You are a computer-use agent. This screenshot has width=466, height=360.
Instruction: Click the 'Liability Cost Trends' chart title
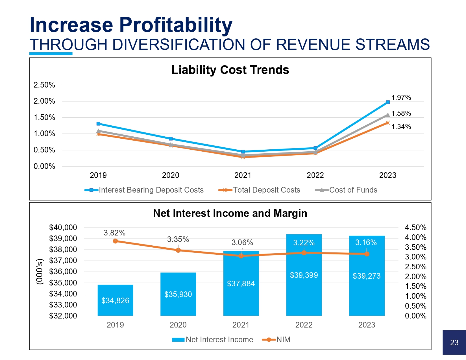[x=230, y=70]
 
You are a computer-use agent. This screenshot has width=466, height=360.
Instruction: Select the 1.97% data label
[x=401, y=98]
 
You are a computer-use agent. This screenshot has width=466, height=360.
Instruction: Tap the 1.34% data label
[x=401, y=127]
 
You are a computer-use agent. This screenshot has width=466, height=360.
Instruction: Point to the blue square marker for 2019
[x=98, y=124]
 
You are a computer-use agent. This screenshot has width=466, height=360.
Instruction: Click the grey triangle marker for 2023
[x=388, y=115]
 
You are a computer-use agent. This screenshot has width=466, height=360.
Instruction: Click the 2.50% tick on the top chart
[x=44, y=85]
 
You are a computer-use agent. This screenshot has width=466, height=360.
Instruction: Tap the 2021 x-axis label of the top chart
[x=243, y=175]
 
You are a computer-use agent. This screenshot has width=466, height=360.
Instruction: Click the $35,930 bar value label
[x=178, y=294]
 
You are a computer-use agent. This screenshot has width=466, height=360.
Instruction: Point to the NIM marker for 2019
[x=115, y=241]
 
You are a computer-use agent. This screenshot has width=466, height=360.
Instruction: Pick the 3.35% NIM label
[x=178, y=239]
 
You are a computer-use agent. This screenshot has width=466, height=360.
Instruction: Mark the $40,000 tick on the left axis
[x=63, y=228]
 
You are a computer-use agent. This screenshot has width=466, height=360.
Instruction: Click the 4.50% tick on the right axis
[x=415, y=228]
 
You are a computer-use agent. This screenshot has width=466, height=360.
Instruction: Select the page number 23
[x=454, y=343]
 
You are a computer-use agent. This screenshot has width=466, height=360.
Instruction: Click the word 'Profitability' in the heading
[x=176, y=25]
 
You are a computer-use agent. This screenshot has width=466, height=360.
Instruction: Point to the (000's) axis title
[x=40, y=271]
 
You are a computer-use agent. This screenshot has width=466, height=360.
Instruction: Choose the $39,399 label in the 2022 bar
[x=304, y=275]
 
